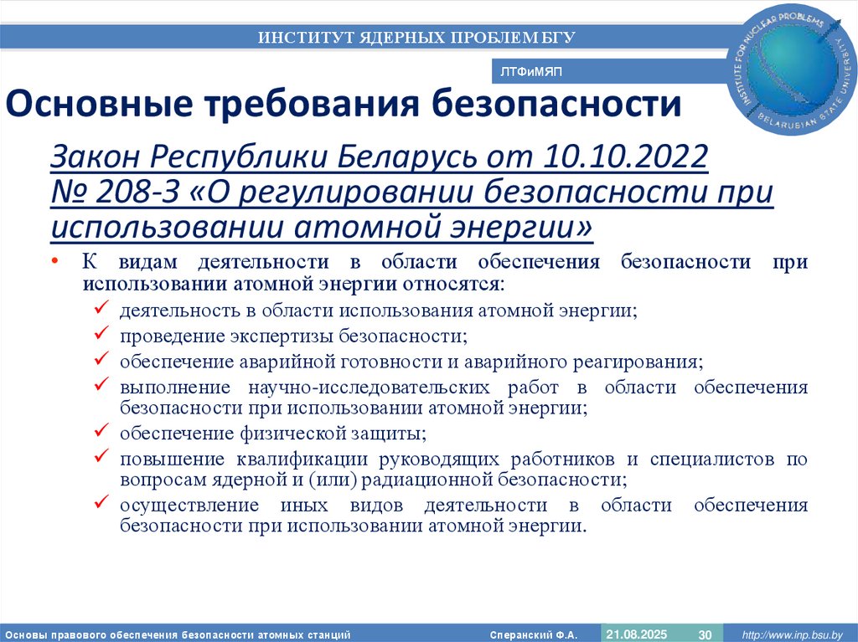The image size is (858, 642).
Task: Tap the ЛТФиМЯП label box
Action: [x=531, y=72]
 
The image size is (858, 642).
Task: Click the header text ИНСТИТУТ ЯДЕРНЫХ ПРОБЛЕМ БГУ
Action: [x=416, y=37]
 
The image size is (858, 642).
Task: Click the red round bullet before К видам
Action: [x=54, y=261]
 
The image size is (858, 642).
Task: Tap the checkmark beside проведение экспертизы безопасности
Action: [x=100, y=336]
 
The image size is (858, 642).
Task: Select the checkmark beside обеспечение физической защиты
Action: [x=100, y=433]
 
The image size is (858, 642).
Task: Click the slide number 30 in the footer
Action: [x=705, y=634]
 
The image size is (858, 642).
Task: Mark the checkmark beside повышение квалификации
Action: [x=100, y=458]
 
